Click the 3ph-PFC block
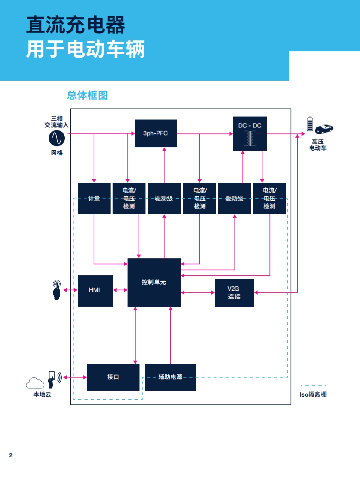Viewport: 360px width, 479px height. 156,133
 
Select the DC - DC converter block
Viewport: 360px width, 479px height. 250,133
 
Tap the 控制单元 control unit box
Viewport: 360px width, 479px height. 154,282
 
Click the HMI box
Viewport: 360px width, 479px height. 95,290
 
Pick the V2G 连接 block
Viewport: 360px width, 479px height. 234,293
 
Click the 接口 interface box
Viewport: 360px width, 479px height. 113,377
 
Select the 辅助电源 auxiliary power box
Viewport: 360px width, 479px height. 171,377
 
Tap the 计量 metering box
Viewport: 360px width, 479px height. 94,198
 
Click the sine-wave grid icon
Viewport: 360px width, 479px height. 57,138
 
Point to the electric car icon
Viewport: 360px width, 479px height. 324,129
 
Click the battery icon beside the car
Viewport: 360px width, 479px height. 310,124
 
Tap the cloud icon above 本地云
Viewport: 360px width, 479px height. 35,383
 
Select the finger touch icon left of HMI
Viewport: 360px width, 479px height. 56,290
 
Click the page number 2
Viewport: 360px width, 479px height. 11,455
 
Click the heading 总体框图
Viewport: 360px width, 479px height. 87,95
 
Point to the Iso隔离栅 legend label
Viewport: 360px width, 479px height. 313,394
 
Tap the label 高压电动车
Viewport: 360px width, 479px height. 318,145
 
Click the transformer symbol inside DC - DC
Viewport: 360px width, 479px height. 250,138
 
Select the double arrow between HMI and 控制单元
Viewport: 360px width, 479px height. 120,290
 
